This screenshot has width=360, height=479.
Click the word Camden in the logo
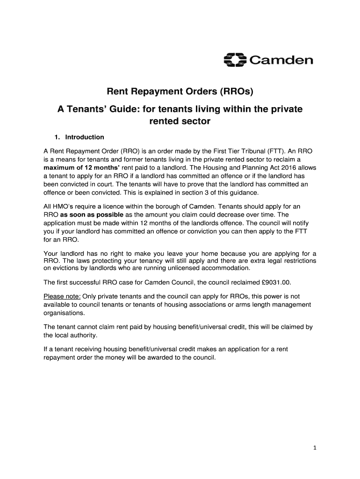pyautogui.click(x=280, y=61)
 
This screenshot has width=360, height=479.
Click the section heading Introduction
pyautogui.click(x=85, y=137)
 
